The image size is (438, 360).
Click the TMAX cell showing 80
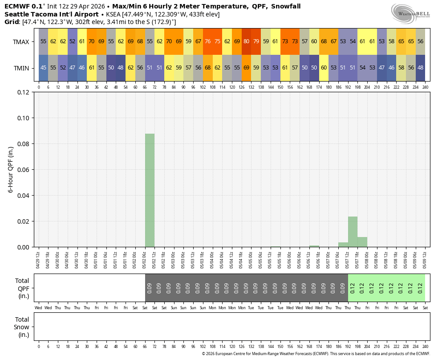246,41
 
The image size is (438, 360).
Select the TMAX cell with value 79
256,41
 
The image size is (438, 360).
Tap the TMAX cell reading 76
207,41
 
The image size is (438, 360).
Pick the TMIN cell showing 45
43,68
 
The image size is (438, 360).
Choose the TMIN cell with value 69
246,68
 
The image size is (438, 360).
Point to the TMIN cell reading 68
207,68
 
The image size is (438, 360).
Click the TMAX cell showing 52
72,41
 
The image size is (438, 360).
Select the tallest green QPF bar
150,190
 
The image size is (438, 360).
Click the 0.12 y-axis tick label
23,92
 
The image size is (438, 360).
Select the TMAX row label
21,41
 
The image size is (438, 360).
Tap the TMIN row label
21,68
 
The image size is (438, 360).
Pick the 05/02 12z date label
154,259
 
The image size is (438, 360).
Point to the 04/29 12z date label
39,259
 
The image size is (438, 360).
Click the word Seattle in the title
17,14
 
